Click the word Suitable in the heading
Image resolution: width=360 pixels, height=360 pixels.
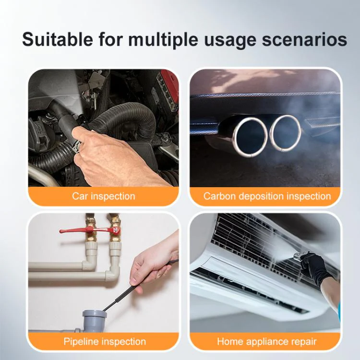pyautogui.click(x=58, y=39)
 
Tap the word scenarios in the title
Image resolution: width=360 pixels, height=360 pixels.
pyautogui.click(x=304, y=39)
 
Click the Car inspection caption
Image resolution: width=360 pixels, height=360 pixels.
pyautogui.click(x=104, y=196)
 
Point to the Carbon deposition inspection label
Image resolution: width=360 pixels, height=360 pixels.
pyautogui.click(x=267, y=196)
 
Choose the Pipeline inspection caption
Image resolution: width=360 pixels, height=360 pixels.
pyautogui.click(x=105, y=341)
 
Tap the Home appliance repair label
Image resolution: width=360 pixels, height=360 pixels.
pyautogui.click(x=267, y=342)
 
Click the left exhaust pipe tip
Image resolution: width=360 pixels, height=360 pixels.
pyautogui.click(x=250, y=136)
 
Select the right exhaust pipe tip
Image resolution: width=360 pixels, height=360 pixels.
pyautogui.click(x=285, y=133)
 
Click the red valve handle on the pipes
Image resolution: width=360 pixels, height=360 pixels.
pyautogui.click(x=90, y=230)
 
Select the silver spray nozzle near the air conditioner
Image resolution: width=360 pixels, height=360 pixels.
pyautogui.click(x=299, y=256)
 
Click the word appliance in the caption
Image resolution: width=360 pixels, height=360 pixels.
pyautogui.click(x=266, y=342)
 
